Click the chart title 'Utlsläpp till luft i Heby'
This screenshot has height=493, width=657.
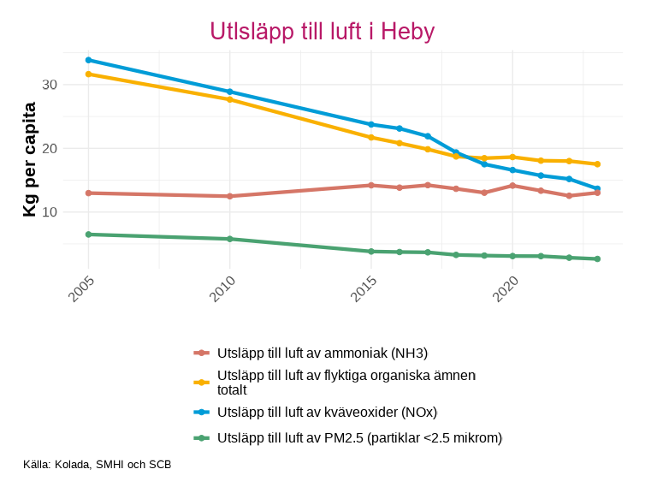tap(323, 32)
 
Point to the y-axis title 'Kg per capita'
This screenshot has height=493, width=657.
tap(30, 159)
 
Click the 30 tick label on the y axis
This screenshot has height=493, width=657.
tap(48, 85)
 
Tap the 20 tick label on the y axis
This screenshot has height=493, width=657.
tap(48, 148)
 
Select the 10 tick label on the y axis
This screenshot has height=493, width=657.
tap(48, 211)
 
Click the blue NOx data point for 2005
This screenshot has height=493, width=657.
tap(89, 60)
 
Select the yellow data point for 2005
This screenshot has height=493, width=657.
tap(89, 74)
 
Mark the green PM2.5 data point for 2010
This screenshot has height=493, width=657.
tap(230, 239)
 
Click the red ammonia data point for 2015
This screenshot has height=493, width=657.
tap(371, 185)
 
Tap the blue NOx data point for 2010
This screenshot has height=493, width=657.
tap(230, 92)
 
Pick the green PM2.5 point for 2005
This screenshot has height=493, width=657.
tap(89, 235)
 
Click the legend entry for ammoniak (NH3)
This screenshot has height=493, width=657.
tap(323, 353)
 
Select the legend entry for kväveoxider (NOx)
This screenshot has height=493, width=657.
tap(327, 412)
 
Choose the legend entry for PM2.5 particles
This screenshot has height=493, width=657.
tap(359, 438)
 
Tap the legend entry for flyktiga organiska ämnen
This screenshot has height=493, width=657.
tap(346, 382)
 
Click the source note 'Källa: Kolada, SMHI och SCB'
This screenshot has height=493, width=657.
tap(98, 465)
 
